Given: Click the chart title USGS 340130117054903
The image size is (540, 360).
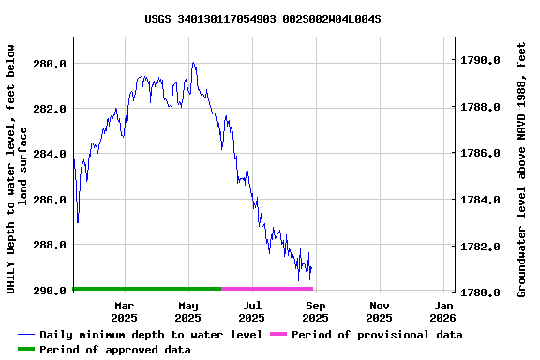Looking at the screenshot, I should (x=262, y=18).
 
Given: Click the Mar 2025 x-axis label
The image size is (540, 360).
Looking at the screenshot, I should (x=125, y=311).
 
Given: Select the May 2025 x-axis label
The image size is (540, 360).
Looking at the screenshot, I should (x=188, y=311).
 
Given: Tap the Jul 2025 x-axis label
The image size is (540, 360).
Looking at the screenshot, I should (x=252, y=311).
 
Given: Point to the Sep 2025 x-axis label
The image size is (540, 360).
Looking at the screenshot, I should (x=316, y=311).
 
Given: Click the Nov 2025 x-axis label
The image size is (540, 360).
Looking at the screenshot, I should (x=380, y=311).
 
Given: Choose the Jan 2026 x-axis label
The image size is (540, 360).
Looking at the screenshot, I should (x=443, y=311).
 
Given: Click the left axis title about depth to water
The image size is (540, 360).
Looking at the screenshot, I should (x=17, y=169).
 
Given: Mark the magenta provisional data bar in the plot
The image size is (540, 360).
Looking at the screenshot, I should (x=267, y=289).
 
